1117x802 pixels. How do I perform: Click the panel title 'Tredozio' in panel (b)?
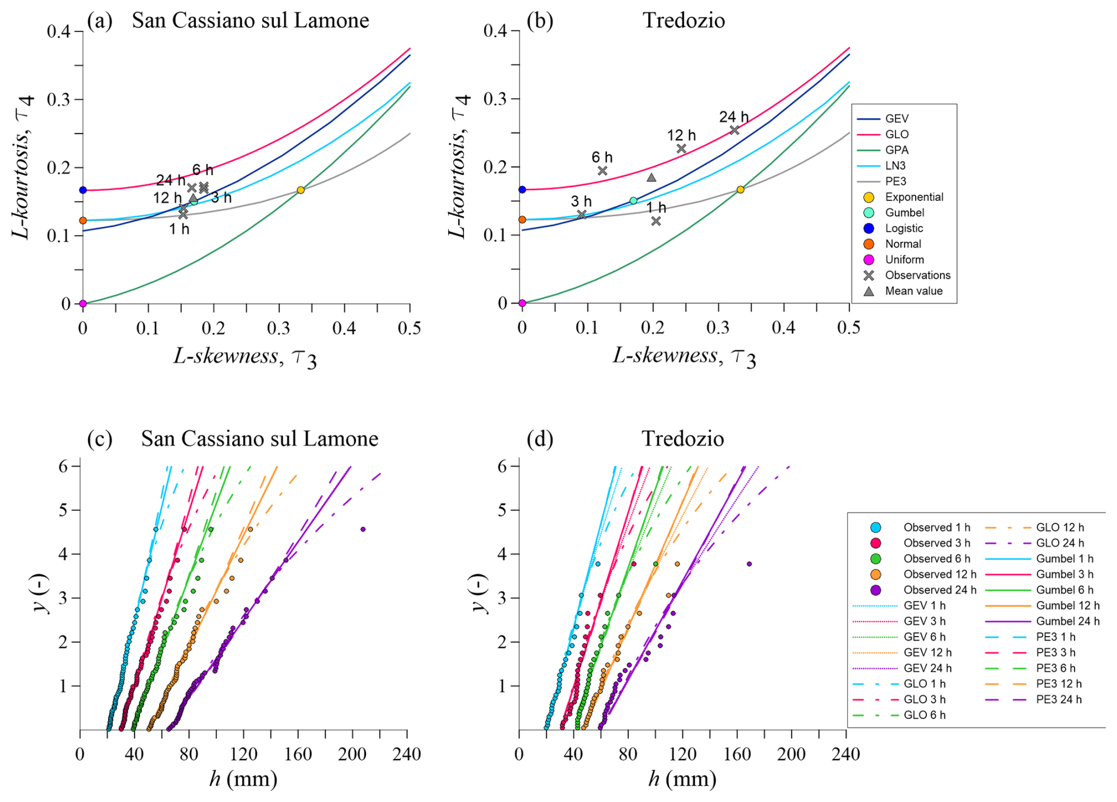(x=684, y=21)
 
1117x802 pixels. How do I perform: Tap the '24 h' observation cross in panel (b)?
(x=734, y=130)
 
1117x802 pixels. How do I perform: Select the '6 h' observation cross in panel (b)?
(x=602, y=171)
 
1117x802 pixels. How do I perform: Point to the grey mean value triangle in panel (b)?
(x=651, y=178)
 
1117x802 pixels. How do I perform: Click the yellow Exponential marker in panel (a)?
(x=301, y=190)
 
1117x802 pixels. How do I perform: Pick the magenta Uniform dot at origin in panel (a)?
(x=83, y=304)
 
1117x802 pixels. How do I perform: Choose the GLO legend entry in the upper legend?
(x=897, y=135)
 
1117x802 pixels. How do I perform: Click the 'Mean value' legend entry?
(x=913, y=291)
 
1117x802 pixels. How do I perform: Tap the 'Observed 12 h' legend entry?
(x=939, y=574)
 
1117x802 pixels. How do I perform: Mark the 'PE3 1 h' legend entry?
(x=1056, y=637)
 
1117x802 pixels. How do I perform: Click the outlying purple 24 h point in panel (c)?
(x=363, y=529)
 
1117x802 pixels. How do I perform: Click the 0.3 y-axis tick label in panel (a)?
(x=58, y=99)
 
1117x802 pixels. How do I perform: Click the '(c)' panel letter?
(x=99, y=439)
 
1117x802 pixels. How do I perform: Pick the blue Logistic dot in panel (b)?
(x=522, y=190)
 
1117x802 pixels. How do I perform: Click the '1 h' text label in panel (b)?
(x=656, y=207)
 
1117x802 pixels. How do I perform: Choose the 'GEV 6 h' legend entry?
(x=925, y=637)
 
